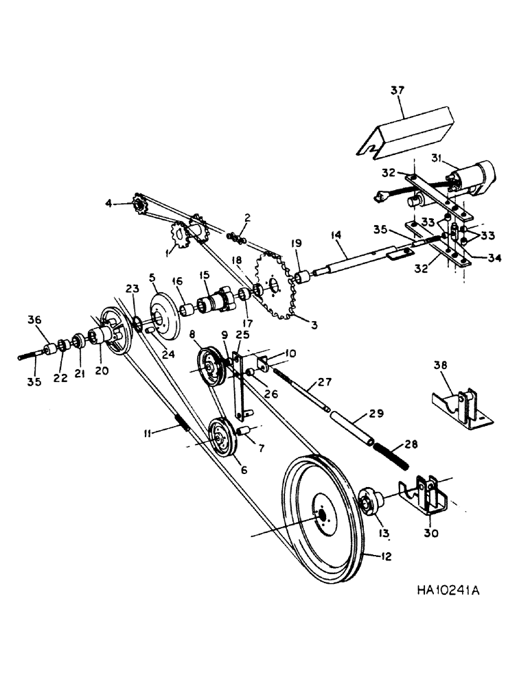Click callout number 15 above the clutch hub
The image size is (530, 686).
coord(204,274)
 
